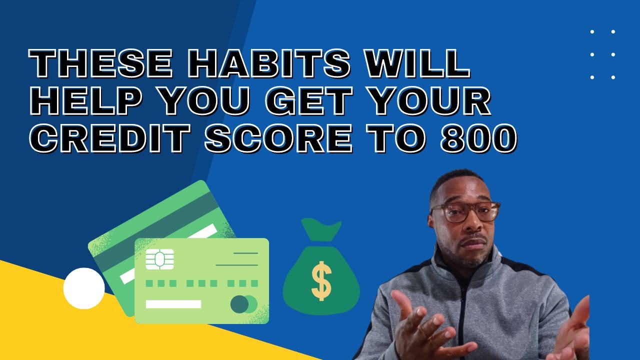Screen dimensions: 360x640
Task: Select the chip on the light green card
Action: click(x=159, y=259)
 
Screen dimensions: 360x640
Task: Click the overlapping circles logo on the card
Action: click(x=244, y=304)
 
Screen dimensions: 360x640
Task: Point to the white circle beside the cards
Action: click(x=84, y=288)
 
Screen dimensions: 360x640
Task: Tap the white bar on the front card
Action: click(x=173, y=304)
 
